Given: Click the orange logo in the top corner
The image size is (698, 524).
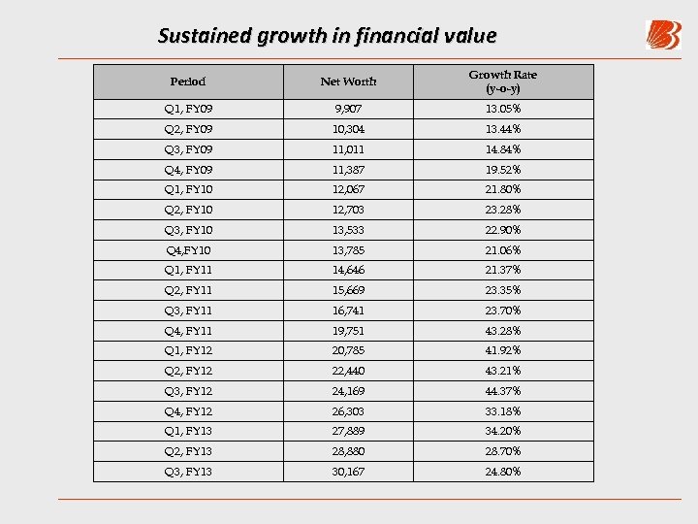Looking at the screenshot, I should coord(663,35).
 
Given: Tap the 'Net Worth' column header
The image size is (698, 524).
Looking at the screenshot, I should coord(348,82).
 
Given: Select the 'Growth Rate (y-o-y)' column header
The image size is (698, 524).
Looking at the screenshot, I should coord(503,82).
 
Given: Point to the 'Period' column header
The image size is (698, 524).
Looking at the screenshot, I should coord(187,82).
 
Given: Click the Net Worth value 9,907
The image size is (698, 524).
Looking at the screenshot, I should coord(348,109).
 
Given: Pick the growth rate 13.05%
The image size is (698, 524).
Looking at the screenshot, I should coord(503,109).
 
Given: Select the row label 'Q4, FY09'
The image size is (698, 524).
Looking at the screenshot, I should coord(188,170).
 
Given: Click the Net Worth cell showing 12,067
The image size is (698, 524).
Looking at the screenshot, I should coord(348,189).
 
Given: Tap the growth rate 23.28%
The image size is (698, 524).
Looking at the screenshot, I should coord(503,210).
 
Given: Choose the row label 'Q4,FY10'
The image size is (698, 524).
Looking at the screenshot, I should coord(188,250).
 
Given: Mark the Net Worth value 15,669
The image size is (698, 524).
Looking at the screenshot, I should coord(348,290).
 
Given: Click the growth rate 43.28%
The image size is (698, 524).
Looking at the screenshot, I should coord(503,331).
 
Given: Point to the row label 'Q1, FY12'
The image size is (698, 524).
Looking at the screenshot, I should coord(188,350).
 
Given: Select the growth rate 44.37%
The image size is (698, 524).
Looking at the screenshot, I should coord(503,391).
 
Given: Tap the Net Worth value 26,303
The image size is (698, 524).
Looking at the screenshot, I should coord(348,411).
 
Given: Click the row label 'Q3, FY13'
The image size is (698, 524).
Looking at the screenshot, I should coord(188,472).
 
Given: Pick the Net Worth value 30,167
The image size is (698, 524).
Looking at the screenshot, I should coord(348,472).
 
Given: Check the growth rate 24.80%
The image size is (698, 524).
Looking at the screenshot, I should coord(503,472).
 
